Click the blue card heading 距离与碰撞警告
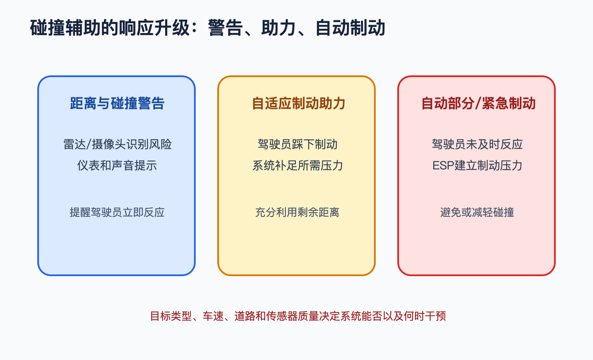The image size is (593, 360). pos(117,103)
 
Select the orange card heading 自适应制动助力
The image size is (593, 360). pos(298,103)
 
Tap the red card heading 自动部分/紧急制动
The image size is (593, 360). pos(478,103)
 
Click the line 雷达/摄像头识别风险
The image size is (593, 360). pos(117,144)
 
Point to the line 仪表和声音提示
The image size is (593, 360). pos(117,166)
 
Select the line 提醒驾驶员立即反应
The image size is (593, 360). pos(117,212)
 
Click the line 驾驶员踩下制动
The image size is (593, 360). pos(297,144)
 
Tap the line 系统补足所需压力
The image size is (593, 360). pos(297,166)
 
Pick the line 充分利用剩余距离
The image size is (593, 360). pos(297,212)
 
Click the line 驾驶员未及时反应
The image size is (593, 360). pos(477,144)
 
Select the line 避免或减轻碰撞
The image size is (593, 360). pos(477,212)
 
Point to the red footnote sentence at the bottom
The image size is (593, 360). pos(298,316)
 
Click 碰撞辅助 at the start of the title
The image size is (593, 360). pos(65,28)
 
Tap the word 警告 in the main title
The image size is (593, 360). pos(225,28)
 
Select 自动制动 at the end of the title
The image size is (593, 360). pos(350,28)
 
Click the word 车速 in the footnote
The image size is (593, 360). pos(213,316)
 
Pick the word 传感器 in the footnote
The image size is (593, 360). pos(282,316)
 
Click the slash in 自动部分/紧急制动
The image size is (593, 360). pos(478,103)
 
